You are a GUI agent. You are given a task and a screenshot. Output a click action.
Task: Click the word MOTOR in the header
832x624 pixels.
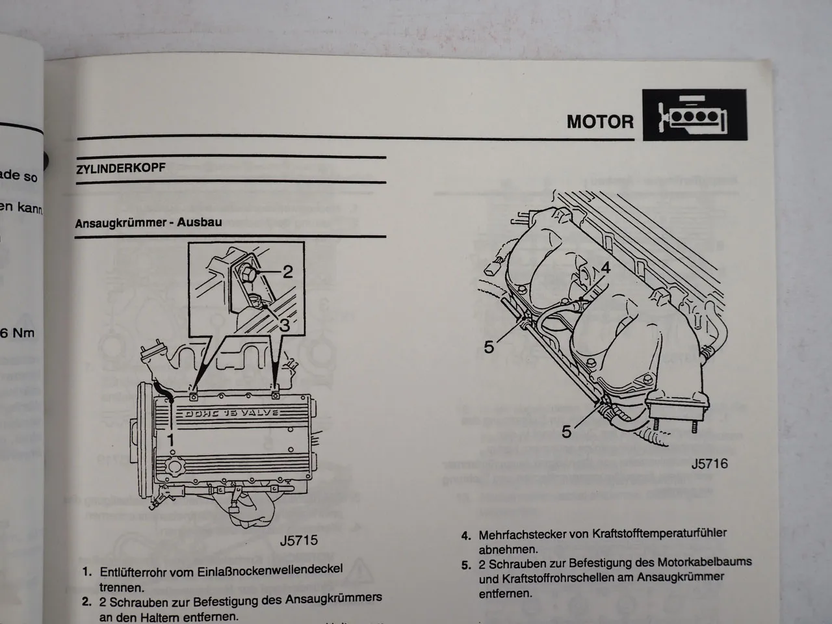pos(599,122)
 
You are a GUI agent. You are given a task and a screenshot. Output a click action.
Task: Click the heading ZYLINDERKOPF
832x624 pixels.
pos(121,168)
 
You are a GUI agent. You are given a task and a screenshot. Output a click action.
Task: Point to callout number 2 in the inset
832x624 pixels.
pos(287,271)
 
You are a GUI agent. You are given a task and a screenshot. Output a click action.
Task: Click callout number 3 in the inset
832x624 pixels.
pos(284,325)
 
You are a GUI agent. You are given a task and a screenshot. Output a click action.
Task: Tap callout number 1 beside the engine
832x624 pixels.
pos(171,440)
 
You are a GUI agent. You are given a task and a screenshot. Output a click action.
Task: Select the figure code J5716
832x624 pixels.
pos(709,463)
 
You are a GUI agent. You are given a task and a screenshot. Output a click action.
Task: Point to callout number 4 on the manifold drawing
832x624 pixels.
pos(605,267)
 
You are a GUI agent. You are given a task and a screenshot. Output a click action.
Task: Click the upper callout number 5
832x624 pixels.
pos(489,348)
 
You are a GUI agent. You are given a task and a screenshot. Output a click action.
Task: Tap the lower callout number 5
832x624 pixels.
pos(567,431)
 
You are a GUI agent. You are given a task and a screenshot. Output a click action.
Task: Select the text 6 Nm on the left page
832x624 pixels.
pos(17,333)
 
